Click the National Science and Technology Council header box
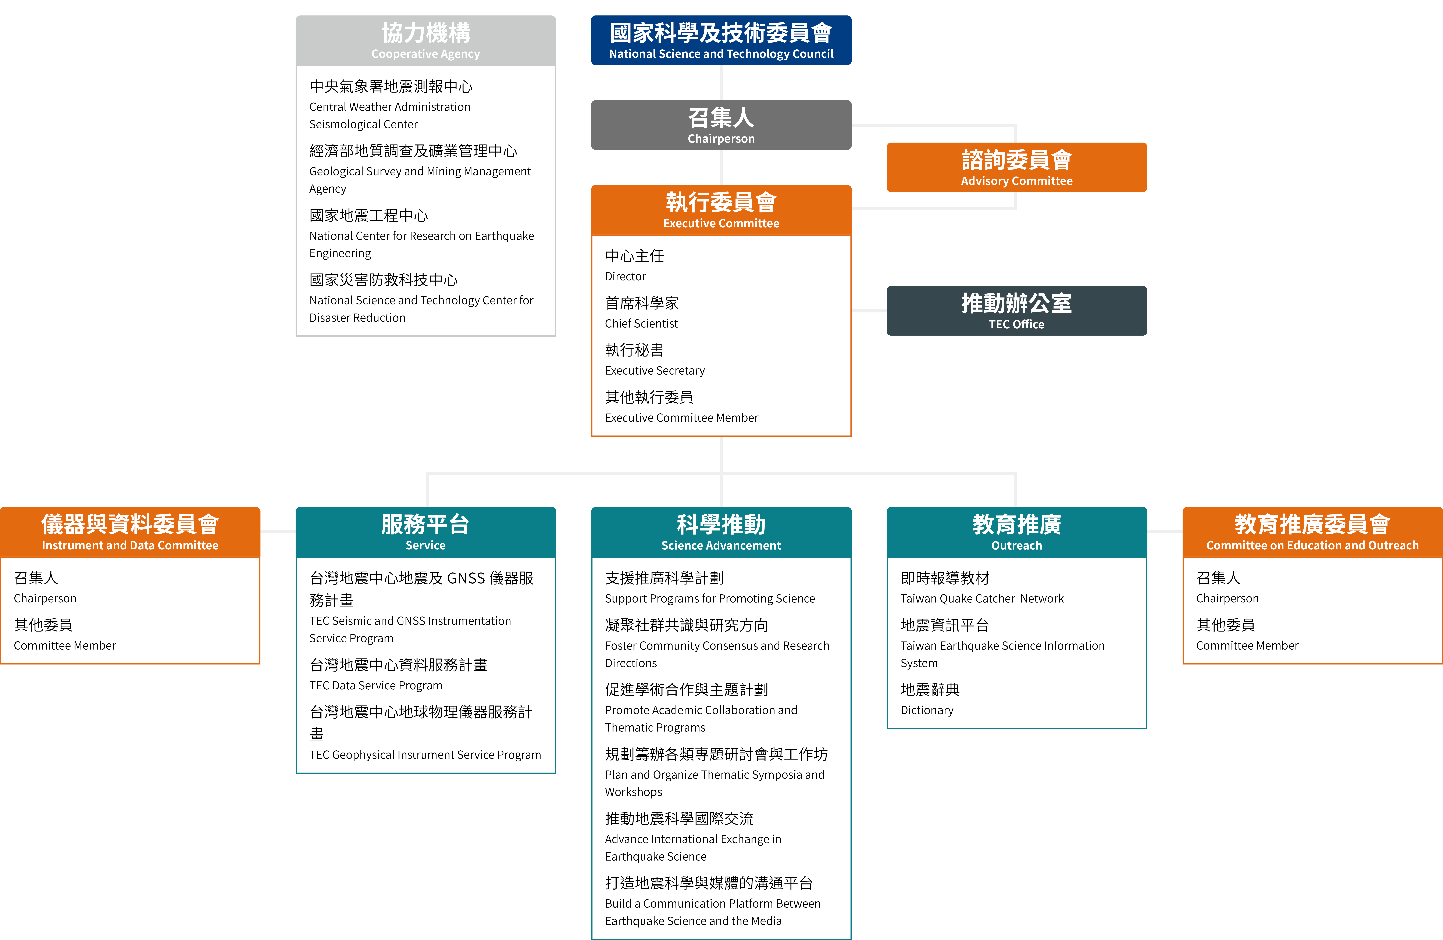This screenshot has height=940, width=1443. [x=721, y=40]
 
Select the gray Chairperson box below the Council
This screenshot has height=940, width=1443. [x=721, y=125]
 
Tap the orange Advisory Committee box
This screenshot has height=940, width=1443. [x=1016, y=167]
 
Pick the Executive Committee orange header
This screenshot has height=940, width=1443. [x=721, y=210]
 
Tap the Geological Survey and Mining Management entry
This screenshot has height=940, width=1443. [x=420, y=172]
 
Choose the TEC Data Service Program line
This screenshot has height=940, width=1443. [x=375, y=685]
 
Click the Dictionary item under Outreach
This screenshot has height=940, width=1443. [x=926, y=710]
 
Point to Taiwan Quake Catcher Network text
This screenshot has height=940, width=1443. [x=982, y=599]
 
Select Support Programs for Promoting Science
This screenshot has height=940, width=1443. [x=709, y=599]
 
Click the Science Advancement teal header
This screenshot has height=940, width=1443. [x=721, y=532]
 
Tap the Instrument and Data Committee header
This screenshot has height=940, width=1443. [x=130, y=532]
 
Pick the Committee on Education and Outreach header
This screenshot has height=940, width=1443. [x=1312, y=532]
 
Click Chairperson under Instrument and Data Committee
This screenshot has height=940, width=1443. [x=45, y=599]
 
